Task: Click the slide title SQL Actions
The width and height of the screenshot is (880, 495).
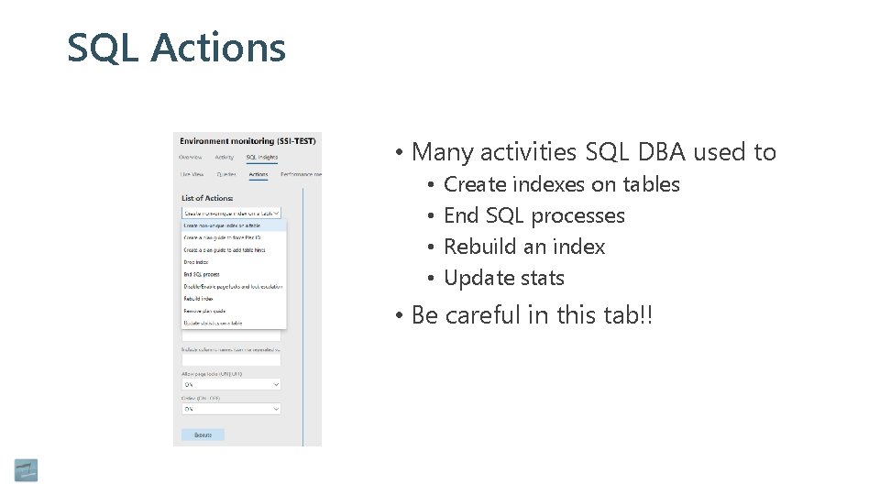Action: tap(176, 48)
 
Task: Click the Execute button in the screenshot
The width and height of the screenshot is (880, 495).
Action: tap(203, 434)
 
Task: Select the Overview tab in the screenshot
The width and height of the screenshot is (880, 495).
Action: tap(192, 157)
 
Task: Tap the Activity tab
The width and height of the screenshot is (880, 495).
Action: tap(224, 157)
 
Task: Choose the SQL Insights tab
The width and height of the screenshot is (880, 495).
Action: tap(261, 157)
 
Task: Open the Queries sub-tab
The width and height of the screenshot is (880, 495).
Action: tap(226, 174)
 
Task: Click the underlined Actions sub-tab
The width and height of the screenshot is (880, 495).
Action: tap(258, 174)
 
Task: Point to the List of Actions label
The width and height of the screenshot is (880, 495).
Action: tap(207, 198)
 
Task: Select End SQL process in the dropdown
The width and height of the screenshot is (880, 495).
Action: tap(201, 274)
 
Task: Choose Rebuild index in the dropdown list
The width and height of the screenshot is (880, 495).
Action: tap(198, 299)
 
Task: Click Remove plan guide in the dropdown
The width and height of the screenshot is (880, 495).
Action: tap(204, 311)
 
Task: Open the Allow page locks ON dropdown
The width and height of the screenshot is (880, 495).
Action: tap(231, 385)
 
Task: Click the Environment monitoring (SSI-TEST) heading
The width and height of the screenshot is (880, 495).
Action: tap(247, 141)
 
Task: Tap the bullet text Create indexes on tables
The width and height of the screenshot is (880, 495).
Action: tap(561, 184)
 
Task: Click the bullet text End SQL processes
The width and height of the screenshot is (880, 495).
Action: tap(533, 215)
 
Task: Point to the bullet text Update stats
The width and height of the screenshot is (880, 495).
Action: tap(503, 278)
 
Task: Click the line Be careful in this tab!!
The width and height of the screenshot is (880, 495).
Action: tap(532, 315)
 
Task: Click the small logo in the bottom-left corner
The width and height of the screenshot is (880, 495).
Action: tap(26, 469)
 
